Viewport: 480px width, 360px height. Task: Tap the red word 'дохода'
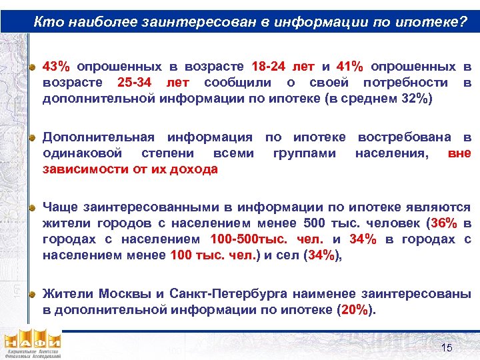(x=195, y=169)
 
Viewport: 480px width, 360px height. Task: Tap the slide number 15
(x=446, y=348)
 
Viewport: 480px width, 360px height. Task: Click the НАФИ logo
(x=32, y=343)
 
